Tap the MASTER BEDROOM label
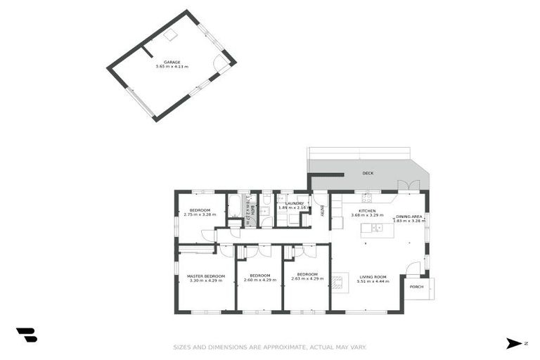[205, 276]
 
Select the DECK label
[367, 173]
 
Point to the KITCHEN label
[367, 211]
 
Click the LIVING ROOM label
[372, 276]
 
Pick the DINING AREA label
[409, 217]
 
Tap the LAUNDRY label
[294, 203]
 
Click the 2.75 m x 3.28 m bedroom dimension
[200, 215]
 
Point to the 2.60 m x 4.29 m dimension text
[259, 280]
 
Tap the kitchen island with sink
[372, 228]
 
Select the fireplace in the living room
[338, 283]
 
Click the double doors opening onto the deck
[405, 186]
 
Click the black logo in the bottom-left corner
[26, 335]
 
